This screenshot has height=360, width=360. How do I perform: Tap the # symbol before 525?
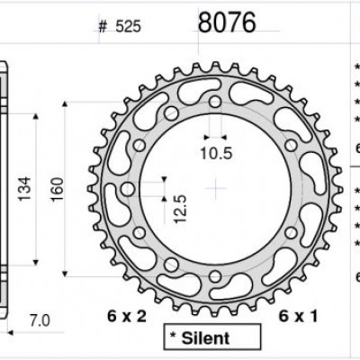click(103, 27)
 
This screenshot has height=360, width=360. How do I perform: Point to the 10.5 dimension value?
click(216, 154)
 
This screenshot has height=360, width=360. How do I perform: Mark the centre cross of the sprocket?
click(216, 186)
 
